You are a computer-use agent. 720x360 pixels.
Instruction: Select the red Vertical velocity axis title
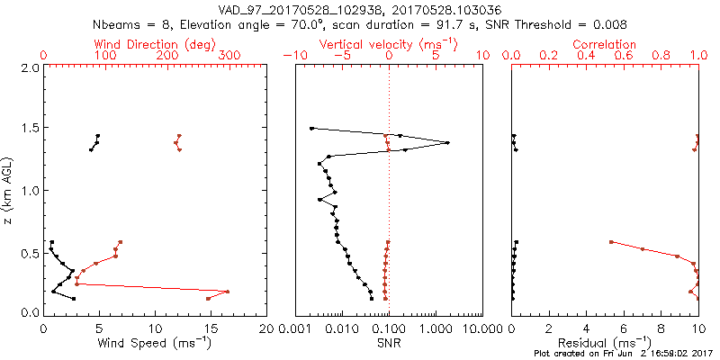click(x=388, y=44)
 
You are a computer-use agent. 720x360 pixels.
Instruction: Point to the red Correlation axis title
click(x=605, y=44)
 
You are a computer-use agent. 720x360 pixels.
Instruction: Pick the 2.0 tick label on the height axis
click(x=30, y=67)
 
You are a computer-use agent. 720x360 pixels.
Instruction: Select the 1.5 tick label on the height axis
click(x=30, y=129)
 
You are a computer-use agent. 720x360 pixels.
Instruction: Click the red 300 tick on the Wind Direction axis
click(x=229, y=56)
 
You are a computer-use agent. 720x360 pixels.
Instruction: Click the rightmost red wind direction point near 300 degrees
click(x=228, y=292)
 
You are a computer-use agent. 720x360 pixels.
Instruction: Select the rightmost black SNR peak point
click(x=447, y=142)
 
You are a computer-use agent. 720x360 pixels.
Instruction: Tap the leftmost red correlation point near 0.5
click(x=611, y=241)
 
